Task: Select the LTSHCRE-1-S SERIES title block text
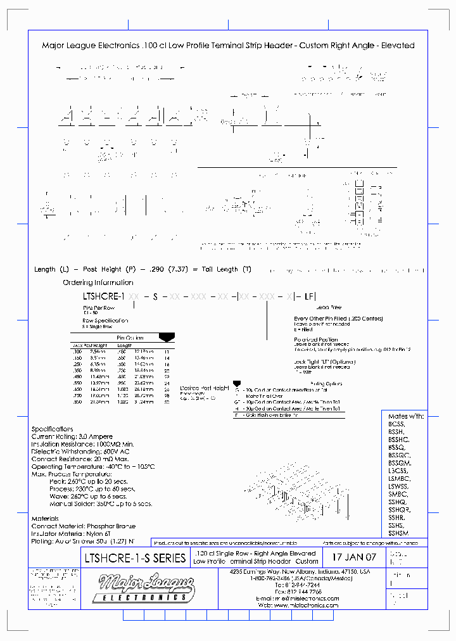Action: click(x=135, y=558)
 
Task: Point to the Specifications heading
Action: click(x=53, y=429)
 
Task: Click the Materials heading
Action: click(x=45, y=519)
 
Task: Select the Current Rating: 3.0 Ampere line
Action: click(x=72, y=436)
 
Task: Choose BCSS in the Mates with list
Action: click(x=396, y=424)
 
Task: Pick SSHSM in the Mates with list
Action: click(x=399, y=533)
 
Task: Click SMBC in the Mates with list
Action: click(x=398, y=494)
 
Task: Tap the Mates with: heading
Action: click(x=405, y=416)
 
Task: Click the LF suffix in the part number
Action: click(x=309, y=296)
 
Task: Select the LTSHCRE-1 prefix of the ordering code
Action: click(x=104, y=296)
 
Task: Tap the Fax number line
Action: click(x=298, y=591)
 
